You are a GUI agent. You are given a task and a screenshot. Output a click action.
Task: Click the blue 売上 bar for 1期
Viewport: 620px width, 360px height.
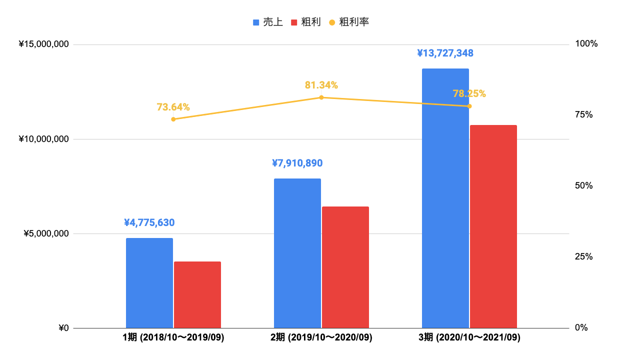(149, 283)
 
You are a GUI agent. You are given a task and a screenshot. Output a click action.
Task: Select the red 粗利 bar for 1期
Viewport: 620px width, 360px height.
(197, 294)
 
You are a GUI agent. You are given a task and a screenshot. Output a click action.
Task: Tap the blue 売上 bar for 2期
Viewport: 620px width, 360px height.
(297, 253)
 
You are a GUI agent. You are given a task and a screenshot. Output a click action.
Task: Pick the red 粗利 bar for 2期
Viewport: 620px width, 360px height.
(345, 267)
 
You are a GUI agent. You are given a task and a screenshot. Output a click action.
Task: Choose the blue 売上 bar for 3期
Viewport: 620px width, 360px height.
(445, 198)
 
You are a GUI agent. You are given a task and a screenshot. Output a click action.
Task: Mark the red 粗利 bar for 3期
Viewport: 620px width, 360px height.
(493, 226)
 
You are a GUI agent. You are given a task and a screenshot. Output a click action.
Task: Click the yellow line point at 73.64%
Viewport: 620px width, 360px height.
(173, 119)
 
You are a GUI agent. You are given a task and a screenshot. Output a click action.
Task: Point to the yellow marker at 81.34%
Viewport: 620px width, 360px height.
(321, 97)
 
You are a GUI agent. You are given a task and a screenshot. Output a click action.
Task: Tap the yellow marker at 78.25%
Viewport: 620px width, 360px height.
(469, 106)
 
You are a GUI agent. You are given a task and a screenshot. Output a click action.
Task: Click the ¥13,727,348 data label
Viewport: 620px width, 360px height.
(445, 53)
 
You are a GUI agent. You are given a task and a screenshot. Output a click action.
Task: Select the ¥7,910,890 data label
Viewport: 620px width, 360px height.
(297, 163)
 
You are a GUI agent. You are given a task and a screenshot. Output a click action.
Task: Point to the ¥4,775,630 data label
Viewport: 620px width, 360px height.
(149, 222)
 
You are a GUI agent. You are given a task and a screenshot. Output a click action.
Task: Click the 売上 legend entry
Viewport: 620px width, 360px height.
(268, 22)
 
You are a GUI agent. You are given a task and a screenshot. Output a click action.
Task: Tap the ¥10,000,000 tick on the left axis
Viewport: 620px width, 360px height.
(44, 139)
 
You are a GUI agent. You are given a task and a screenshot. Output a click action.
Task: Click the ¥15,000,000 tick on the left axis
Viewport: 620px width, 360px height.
(44, 44)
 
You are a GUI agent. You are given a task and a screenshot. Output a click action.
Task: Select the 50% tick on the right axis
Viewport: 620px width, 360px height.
(584, 186)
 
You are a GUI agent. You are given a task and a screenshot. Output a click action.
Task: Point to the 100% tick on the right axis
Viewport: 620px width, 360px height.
(586, 44)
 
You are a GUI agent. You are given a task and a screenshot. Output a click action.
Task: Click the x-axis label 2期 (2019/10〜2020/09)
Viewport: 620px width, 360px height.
(321, 338)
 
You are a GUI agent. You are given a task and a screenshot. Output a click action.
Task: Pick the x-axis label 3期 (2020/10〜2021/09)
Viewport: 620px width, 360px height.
(469, 338)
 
